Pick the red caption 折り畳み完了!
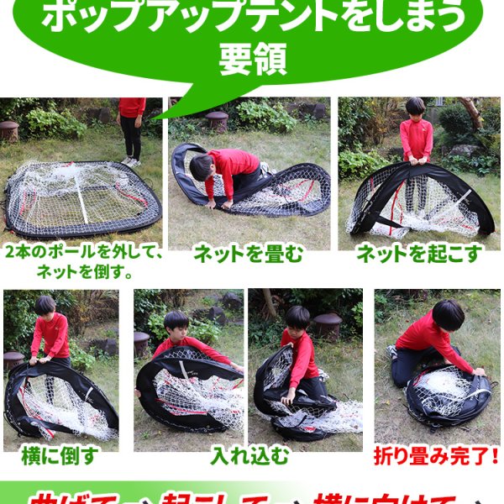point(437,458)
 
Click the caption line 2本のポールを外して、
point(82,253)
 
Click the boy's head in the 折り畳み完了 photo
point(448,315)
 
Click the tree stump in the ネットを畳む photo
point(217,120)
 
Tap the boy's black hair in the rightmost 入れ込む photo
point(297,317)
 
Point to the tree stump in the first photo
point(9,131)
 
